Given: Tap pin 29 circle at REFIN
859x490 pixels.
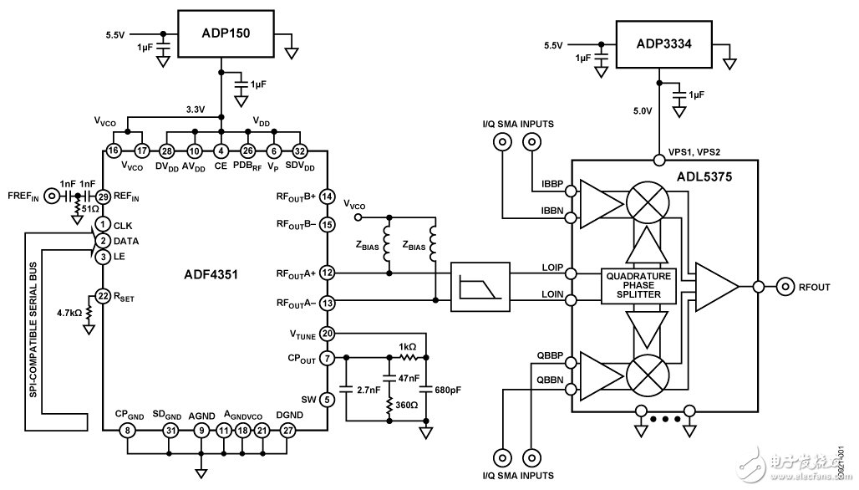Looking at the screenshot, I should [102, 197].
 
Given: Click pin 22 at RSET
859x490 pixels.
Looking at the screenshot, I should [102, 296].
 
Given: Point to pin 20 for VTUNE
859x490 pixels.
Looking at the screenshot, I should [327, 333].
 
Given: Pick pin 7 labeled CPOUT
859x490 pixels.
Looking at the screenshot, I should [327, 359].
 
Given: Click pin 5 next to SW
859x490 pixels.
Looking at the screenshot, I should [327, 400].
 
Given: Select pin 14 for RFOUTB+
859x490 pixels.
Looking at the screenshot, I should [327, 196].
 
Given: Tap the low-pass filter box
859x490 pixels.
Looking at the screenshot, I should [477, 286].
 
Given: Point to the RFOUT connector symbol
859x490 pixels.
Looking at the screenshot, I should [786, 287].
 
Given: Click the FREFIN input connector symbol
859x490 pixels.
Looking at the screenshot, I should [53, 197].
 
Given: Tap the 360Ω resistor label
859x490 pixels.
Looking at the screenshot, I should [406, 403].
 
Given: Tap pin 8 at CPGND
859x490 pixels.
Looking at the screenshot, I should [127, 431].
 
